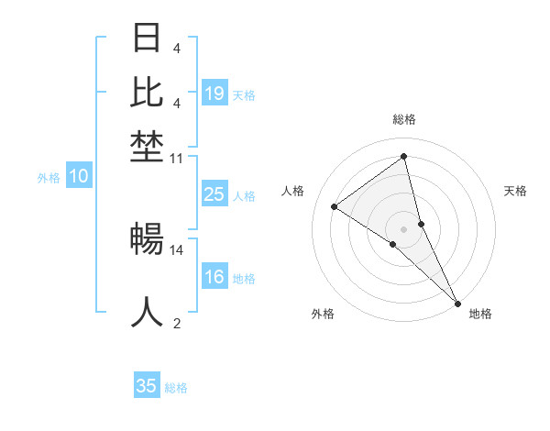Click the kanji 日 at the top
tap(148, 39)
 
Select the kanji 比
tap(148, 92)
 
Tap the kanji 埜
tap(148, 145)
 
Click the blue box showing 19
tap(214, 93)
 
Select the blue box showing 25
tap(214, 193)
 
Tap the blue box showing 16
tap(214, 277)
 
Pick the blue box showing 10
tap(79, 176)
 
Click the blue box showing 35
tap(147, 386)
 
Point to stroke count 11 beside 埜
tap(177, 159)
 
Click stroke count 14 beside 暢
tap(177, 249)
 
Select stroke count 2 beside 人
tap(177, 322)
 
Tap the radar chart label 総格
tap(404, 119)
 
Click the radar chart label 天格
tap(515, 191)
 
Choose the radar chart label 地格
tap(480, 314)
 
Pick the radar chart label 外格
tap(323, 314)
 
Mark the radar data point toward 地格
tap(457, 302)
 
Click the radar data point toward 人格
tap(335, 206)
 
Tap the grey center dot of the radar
tap(404, 228)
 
